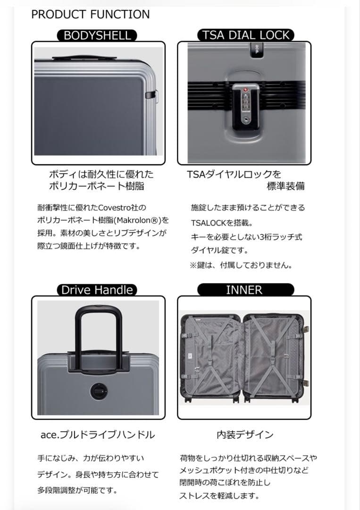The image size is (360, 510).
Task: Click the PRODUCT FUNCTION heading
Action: (x=90, y=14)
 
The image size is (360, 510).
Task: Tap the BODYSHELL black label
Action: (x=97, y=35)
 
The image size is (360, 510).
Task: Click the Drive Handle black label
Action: (x=97, y=290)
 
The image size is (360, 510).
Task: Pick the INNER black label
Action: (x=245, y=290)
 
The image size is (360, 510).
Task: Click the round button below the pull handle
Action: (x=98, y=391)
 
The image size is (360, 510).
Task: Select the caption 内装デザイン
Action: (x=245, y=434)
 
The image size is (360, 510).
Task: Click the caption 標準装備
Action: (x=285, y=186)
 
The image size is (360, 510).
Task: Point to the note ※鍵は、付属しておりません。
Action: (x=241, y=265)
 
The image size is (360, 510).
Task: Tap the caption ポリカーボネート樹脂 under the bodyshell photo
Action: (x=97, y=186)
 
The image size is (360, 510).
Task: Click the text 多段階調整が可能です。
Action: (x=77, y=490)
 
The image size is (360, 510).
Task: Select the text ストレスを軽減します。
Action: (x=219, y=496)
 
